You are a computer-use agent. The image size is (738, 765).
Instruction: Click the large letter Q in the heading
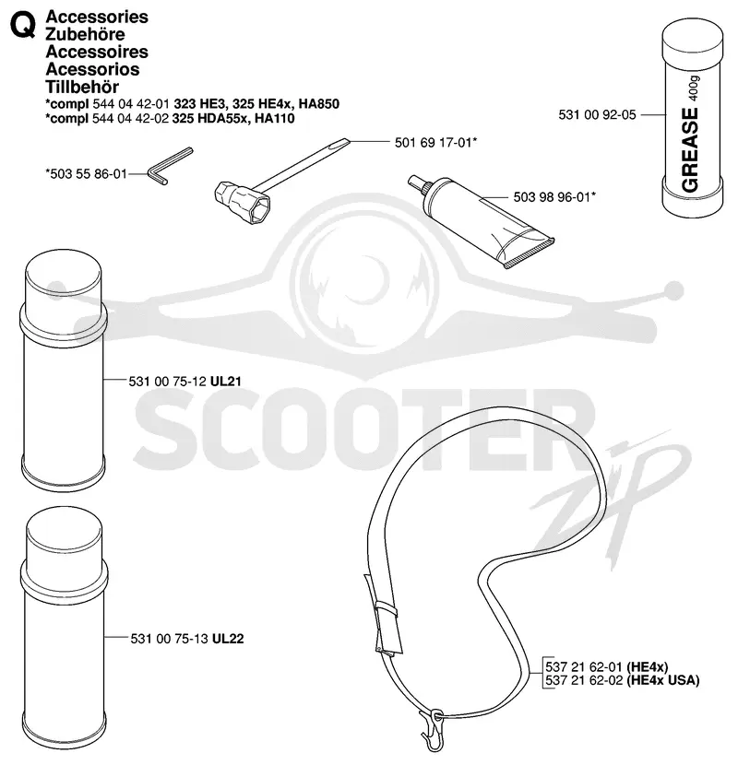(x=23, y=27)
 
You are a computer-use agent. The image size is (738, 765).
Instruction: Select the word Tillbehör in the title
(x=82, y=87)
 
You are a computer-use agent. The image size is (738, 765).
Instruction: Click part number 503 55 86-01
(x=87, y=173)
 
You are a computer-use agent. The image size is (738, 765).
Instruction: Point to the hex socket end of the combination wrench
(x=242, y=202)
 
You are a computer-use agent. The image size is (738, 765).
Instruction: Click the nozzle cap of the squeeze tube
(x=418, y=183)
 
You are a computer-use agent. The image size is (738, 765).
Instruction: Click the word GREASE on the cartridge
(x=690, y=150)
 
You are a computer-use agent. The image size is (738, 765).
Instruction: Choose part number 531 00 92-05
(x=598, y=115)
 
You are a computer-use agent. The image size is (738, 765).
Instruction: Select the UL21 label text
(x=226, y=381)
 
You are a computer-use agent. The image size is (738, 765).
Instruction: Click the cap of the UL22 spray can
(x=65, y=534)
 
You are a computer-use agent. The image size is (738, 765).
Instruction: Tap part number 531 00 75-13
(x=169, y=639)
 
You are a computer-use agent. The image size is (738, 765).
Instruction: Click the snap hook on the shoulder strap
(x=434, y=729)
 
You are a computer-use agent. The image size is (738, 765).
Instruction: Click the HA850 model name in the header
(x=319, y=104)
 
